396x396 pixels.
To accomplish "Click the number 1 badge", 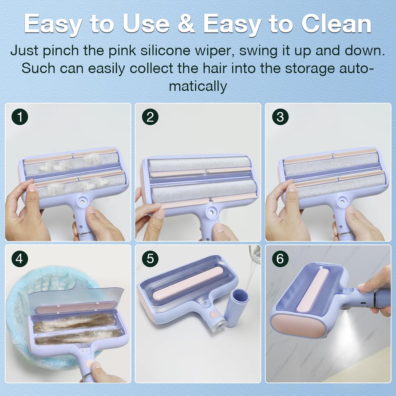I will (20, 116).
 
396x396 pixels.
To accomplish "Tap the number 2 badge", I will (150, 116).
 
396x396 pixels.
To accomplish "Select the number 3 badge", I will (280, 116).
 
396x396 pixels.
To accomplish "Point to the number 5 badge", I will (150, 258).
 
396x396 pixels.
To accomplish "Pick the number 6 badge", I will (280, 258).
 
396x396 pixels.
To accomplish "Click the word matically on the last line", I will (198, 86).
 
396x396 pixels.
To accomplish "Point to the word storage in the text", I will (310, 68).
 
